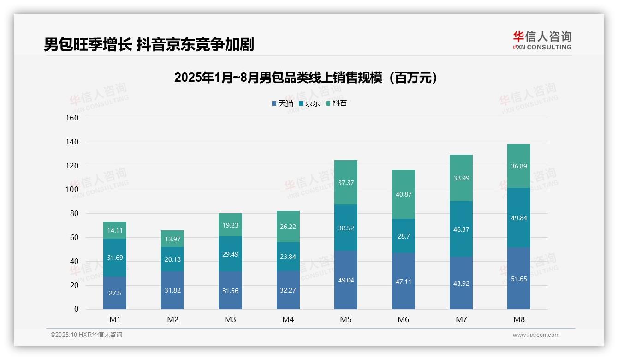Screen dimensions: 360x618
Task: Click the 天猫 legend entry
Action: tap(283, 103)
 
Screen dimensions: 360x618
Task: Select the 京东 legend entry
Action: tap(309, 103)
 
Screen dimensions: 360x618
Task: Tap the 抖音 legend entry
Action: tap(337, 103)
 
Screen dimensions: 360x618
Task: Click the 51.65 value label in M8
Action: tap(519, 279)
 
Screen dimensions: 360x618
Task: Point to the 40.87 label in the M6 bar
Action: tap(404, 194)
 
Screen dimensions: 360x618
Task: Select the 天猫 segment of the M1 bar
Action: tap(115, 293)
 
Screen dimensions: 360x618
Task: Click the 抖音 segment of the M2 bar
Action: tap(172, 239)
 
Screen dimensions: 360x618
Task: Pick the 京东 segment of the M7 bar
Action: tap(461, 229)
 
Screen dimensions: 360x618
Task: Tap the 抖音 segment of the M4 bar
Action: tap(288, 227)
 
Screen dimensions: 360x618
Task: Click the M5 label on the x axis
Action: tap(345, 319)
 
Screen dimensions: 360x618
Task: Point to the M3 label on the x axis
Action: tap(230, 319)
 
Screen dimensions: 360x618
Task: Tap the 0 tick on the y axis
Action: tap(76, 309)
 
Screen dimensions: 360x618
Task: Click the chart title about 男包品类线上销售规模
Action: tap(306, 78)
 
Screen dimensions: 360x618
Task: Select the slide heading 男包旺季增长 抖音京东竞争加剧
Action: tap(149, 44)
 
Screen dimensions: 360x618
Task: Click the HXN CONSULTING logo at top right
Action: tap(542, 40)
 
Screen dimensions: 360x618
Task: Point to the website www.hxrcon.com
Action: tap(536, 335)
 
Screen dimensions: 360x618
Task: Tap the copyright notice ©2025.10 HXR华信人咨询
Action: tap(86, 335)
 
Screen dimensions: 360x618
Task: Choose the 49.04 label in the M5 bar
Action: tap(345, 280)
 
